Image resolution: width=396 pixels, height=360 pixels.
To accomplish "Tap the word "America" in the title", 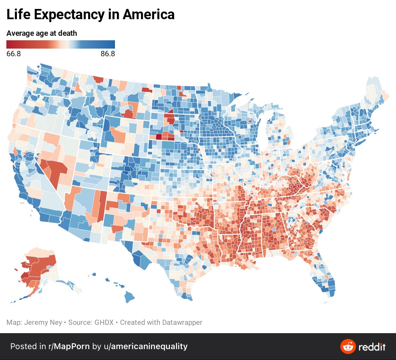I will (x=148, y=15).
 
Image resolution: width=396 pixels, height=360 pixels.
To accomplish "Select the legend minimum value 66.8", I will (x=13, y=54).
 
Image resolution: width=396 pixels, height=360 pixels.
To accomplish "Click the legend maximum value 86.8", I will (x=108, y=54).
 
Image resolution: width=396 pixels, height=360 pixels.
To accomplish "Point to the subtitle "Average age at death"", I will (x=42, y=33).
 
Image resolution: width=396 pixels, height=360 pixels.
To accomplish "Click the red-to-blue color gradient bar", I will (x=61, y=44).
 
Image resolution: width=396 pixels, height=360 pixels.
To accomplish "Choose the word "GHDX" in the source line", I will (x=104, y=322).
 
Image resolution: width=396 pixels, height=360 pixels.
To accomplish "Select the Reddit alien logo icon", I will (x=348, y=347).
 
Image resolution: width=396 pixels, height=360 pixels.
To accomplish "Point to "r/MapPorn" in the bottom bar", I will (x=69, y=346).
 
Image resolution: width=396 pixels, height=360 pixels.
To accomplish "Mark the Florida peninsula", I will (x=326, y=281).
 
